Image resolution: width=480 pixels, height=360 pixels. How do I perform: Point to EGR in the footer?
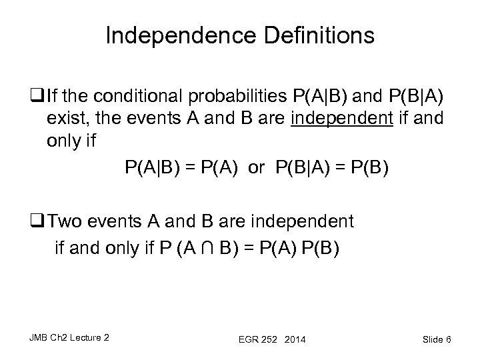pyautogui.click(x=247, y=340)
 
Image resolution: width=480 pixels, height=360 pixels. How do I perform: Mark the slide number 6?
pyautogui.click(x=449, y=340)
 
